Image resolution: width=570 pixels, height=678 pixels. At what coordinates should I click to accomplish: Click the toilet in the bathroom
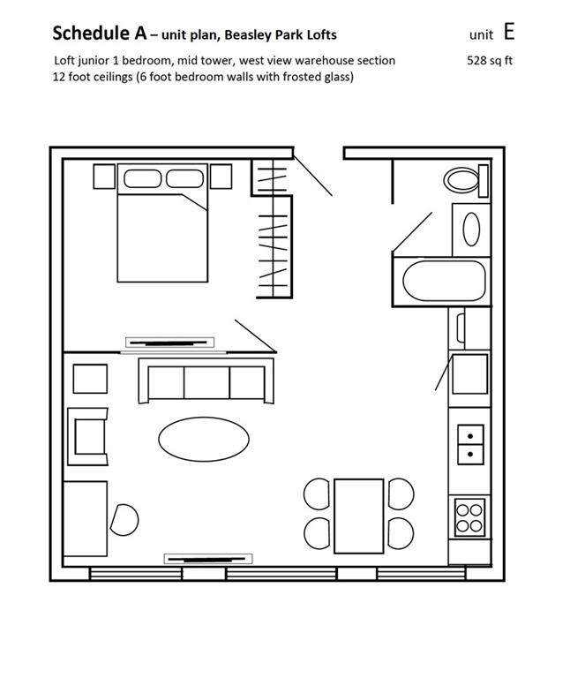466,180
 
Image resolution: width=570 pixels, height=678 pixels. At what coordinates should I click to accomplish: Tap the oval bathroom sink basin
471,230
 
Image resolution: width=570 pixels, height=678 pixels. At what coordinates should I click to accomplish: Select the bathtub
444,281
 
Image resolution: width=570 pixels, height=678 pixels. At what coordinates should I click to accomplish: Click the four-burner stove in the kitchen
469,517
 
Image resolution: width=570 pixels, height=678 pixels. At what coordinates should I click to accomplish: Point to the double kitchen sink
470,445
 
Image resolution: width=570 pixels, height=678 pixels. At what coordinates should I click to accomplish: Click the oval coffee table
204,440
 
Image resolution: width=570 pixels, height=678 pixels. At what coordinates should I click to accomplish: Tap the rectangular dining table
359,516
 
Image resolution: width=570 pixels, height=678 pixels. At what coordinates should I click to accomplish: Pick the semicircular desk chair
125,520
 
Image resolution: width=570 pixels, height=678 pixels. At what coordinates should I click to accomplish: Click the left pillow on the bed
143,178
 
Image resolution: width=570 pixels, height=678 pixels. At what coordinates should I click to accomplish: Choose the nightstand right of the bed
221,177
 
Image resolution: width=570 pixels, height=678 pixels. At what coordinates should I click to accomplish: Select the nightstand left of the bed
105,177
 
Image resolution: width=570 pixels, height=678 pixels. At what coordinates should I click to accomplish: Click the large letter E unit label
509,32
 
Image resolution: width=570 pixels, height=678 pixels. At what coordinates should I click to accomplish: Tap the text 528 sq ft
490,60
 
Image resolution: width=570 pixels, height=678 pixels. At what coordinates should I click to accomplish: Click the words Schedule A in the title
100,34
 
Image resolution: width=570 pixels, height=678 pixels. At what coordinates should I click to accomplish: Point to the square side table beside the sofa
90,379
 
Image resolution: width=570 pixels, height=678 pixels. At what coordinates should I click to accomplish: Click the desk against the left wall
85,518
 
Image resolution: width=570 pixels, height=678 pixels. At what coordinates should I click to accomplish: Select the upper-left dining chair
317,493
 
